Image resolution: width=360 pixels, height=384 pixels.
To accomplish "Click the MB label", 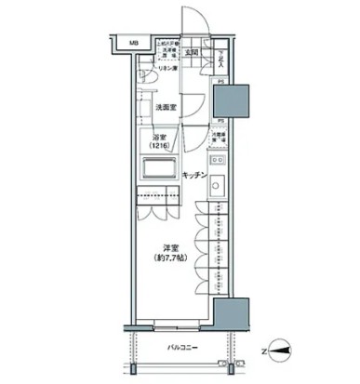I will (x=133, y=43).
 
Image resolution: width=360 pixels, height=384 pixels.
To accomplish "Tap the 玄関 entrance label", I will (x=189, y=53).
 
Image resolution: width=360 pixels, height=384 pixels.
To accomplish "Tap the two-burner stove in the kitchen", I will (x=218, y=182).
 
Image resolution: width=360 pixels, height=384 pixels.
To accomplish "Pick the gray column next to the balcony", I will (x=230, y=318).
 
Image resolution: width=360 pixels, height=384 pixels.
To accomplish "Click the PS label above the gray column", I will (x=220, y=82).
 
